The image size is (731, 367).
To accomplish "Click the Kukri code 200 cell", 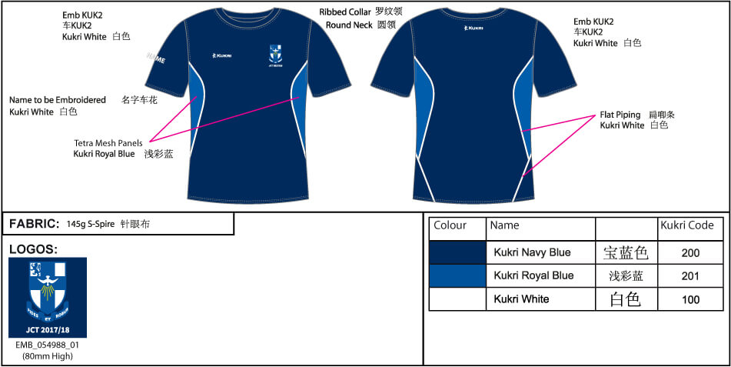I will [690, 252].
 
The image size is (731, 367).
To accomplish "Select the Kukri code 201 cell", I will [690, 275].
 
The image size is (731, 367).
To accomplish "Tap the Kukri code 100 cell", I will [690, 299].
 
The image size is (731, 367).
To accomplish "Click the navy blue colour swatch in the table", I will [457, 252].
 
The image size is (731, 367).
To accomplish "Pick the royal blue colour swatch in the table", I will [457, 275].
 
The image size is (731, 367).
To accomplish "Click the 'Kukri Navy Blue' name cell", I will [532, 252].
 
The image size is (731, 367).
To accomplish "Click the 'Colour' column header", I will [450, 225].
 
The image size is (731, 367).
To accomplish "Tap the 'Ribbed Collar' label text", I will [345, 12].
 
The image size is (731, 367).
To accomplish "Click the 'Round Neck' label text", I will [348, 25].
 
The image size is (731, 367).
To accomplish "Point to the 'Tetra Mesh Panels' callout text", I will [108, 143].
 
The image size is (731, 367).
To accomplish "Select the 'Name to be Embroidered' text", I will [58, 100].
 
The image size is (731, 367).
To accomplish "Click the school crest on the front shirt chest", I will [276, 55].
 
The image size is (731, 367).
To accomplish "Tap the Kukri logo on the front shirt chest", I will [222, 55].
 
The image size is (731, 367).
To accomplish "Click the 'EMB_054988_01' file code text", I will [48, 345].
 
